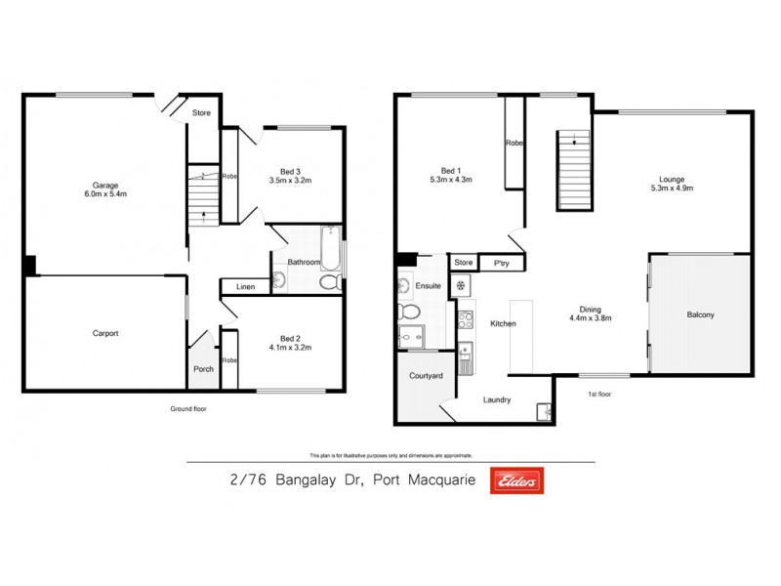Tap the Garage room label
pos(105,185)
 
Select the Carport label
pos(105,333)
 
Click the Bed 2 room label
pos(289,336)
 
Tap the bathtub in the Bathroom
pos(329,249)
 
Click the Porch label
pos(203,369)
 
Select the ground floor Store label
pos(201,112)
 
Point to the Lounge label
pos(671,179)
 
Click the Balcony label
pos(700,314)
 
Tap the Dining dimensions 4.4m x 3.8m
pos(591,317)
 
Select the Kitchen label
pos(503,323)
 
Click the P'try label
pos(502,263)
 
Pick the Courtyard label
pos(426,375)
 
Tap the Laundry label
pos(498,399)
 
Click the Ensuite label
pos(429,286)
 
